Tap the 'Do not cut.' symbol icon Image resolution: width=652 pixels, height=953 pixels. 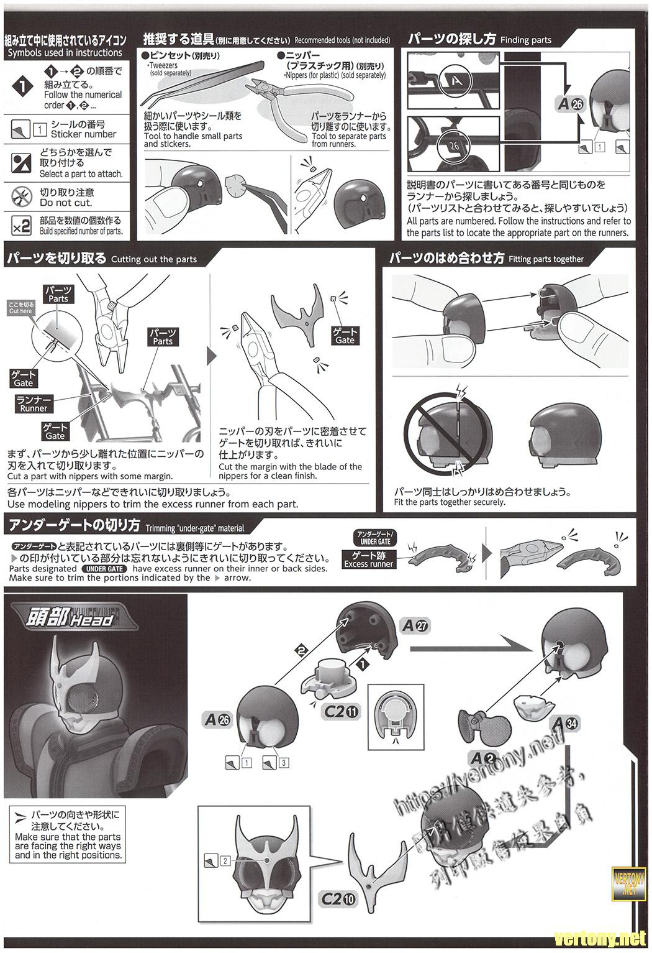click(22, 197)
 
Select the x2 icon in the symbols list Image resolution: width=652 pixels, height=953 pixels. click(22, 226)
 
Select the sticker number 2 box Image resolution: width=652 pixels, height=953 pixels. click(225, 860)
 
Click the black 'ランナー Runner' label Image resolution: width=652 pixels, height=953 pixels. click(34, 403)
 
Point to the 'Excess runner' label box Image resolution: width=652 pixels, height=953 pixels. click(369, 559)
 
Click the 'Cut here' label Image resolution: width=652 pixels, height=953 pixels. click(21, 307)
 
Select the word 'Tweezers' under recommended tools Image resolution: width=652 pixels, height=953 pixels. click(163, 65)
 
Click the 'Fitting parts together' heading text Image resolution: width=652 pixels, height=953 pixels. click(546, 259)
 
